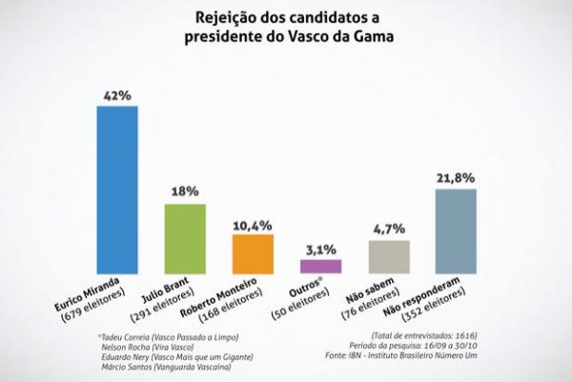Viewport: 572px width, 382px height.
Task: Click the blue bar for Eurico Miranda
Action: pos(118,189)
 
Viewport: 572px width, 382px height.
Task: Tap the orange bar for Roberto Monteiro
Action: pos(253,253)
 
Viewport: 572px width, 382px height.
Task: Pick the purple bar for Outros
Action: pos(320,267)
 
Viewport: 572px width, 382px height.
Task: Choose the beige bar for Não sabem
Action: pos(388,256)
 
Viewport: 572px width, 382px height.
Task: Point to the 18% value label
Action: pos(185,192)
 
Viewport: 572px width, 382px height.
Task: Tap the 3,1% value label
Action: pos(320,250)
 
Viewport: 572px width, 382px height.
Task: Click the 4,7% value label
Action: pos(388,229)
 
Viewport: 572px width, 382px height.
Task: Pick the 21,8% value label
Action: pos(456,178)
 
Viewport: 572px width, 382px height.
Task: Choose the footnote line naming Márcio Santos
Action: pos(163,370)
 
